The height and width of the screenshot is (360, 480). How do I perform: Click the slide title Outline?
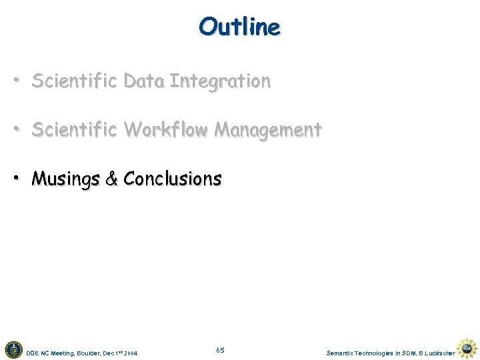[x=239, y=27]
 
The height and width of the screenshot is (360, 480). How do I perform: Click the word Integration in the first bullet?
[x=220, y=81]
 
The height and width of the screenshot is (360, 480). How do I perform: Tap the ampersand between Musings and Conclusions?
[x=111, y=179]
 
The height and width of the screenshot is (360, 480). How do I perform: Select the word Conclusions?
[x=173, y=179]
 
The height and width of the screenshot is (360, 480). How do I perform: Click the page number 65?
[x=221, y=350]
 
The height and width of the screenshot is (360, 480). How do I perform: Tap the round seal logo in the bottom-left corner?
[x=13, y=349]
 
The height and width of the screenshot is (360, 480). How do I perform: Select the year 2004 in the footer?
[x=131, y=352]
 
